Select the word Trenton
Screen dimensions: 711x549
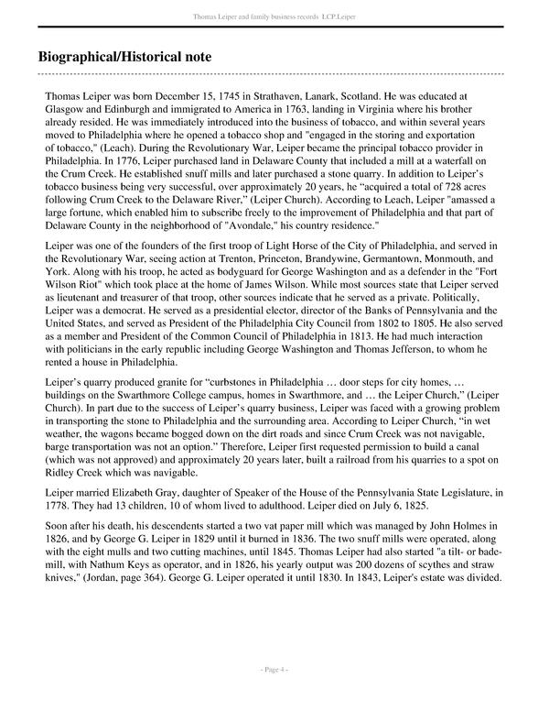click(257, 260)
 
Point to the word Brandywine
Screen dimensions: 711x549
click(354, 260)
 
